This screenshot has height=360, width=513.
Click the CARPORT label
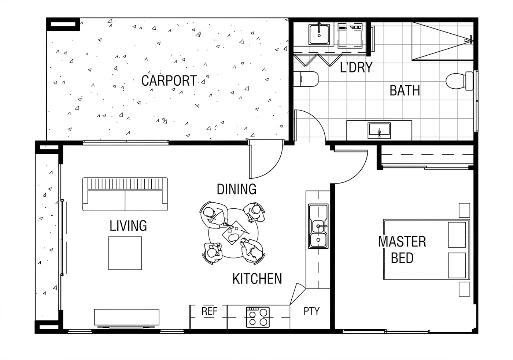[169, 81]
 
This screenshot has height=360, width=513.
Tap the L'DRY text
[356, 67]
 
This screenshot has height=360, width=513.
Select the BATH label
[405, 90]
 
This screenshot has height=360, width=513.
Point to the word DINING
[237, 189]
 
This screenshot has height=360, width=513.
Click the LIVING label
[128, 226]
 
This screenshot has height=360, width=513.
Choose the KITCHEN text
[257, 279]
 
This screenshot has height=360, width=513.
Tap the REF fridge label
[209, 311]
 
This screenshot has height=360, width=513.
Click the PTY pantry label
[311, 311]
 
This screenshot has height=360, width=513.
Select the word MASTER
[402, 242]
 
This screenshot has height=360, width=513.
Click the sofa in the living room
[125, 194]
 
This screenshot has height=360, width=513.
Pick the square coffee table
[125, 253]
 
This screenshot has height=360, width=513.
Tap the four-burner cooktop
[258, 317]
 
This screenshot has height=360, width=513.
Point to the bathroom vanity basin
[379, 131]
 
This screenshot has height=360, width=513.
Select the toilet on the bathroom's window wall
[460, 81]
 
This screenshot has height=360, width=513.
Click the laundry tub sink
[319, 34]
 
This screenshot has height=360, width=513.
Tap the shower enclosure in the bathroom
[443, 41]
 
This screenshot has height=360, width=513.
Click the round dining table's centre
[233, 233]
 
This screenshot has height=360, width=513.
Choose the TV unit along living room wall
[127, 317]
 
